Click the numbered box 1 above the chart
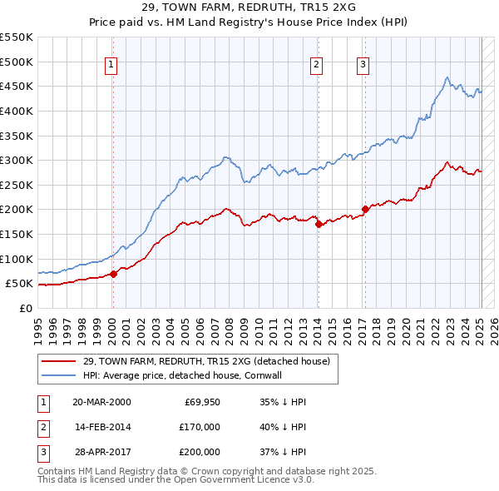(x=111, y=66)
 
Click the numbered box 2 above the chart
(x=317, y=66)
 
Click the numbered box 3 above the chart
(x=363, y=66)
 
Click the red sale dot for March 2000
(x=113, y=274)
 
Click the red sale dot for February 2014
(x=319, y=224)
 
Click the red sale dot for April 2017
(x=365, y=209)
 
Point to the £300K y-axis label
(x=17, y=160)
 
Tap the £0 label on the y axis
(x=26, y=308)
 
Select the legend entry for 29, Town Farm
(x=206, y=361)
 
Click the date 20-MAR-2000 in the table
(x=101, y=402)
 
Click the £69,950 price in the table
(x=200, y=402)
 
